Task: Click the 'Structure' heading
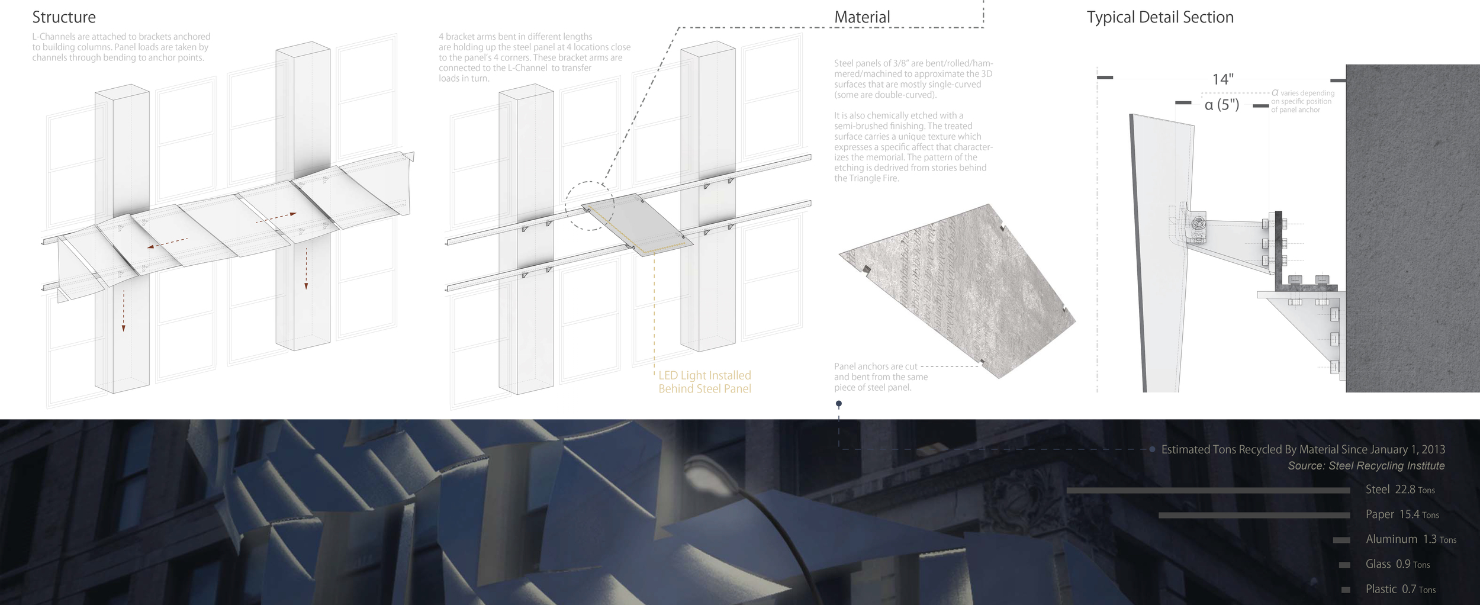tap(64, 17)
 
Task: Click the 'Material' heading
tap(862, 17)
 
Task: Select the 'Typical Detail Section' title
tap(1160, 17)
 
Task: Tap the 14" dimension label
tap(1222, 79)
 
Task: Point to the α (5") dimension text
tap(1222, 105)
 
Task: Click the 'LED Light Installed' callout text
tap(704, 375)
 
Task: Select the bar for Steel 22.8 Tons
tap(1208, 490)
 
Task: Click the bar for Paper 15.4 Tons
tap(1254, 515)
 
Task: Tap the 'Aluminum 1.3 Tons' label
tap(1410, 539)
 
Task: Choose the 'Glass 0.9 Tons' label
tap(1397, 564)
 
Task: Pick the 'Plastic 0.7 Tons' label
tap(1400, 589)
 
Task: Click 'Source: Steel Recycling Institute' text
tap(1366, 466)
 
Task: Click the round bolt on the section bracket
tap(1198, 223)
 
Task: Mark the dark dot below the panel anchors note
tap(838, 404)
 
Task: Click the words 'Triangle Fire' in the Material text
tap(874, 178)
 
